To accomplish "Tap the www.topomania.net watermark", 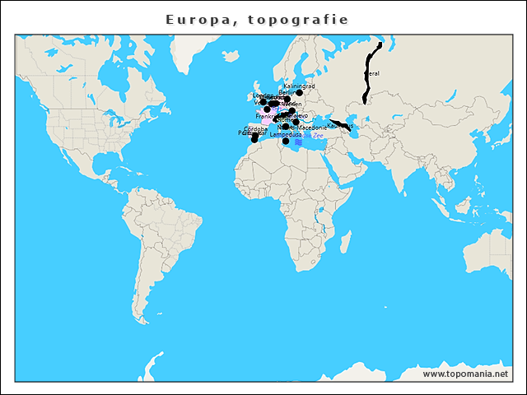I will (465, 374).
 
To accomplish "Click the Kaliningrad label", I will (299, 86).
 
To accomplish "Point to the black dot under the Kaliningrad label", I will (300, 93).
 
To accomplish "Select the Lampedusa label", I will (286, 134).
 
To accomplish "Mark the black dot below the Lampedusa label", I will (286, 142).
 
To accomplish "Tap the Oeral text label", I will (372, 74).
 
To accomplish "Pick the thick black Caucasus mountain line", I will (339, 125).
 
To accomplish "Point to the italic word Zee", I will (318, 136).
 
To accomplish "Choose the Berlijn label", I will (287, 92).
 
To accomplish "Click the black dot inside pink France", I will (267, 109).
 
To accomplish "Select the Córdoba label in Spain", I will (253, 129).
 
